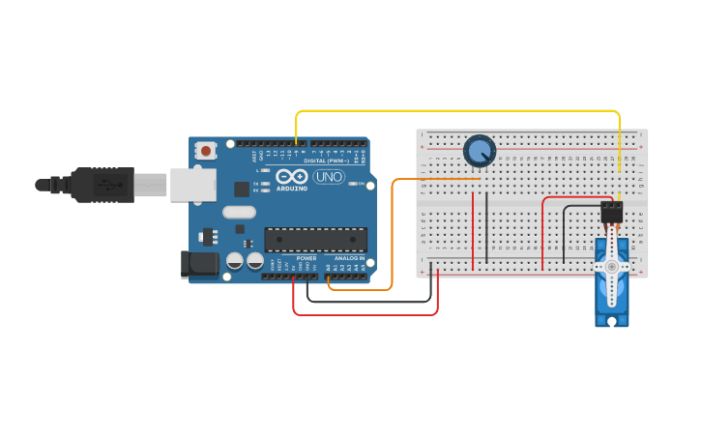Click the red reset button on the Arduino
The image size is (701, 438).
point(205,150)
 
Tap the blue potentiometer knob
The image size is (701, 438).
point(479,151)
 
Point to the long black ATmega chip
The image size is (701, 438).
point(315,239)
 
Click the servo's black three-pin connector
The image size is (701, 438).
point(611,212)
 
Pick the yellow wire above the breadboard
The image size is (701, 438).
point(454,111)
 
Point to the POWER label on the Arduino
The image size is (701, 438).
point(306,258)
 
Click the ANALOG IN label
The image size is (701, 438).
point(349,258)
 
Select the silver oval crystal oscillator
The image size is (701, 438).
point(239,212)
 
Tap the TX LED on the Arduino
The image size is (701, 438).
point(256,182)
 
